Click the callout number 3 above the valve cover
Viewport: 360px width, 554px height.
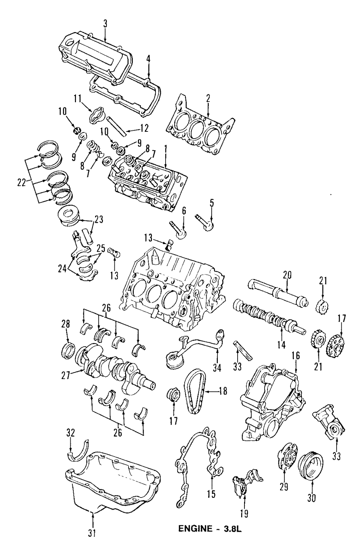(105, 24)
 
